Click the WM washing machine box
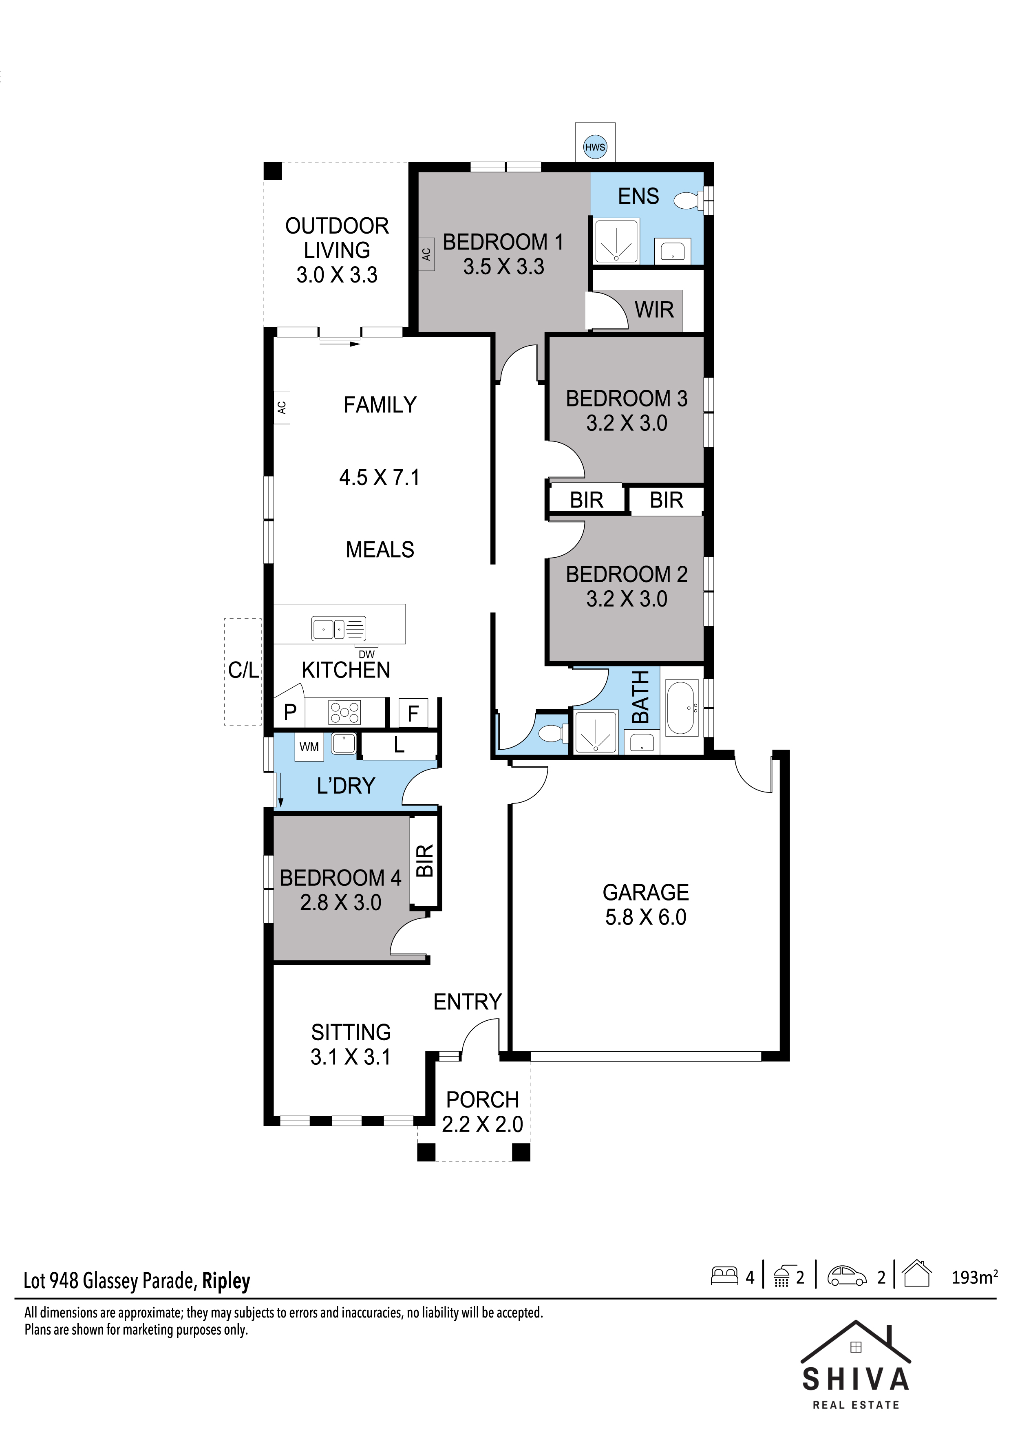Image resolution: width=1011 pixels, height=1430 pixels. [x=309, y=747]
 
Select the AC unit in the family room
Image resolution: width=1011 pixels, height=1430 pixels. [x=282, y=407]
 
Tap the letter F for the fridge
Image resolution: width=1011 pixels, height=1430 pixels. [x=413, y=714]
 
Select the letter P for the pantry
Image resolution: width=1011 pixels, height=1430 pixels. [x=290, y=713]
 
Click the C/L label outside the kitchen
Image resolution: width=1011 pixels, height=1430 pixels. [x=243, y=670]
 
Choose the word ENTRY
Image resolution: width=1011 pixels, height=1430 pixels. [x=467, y=1002]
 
